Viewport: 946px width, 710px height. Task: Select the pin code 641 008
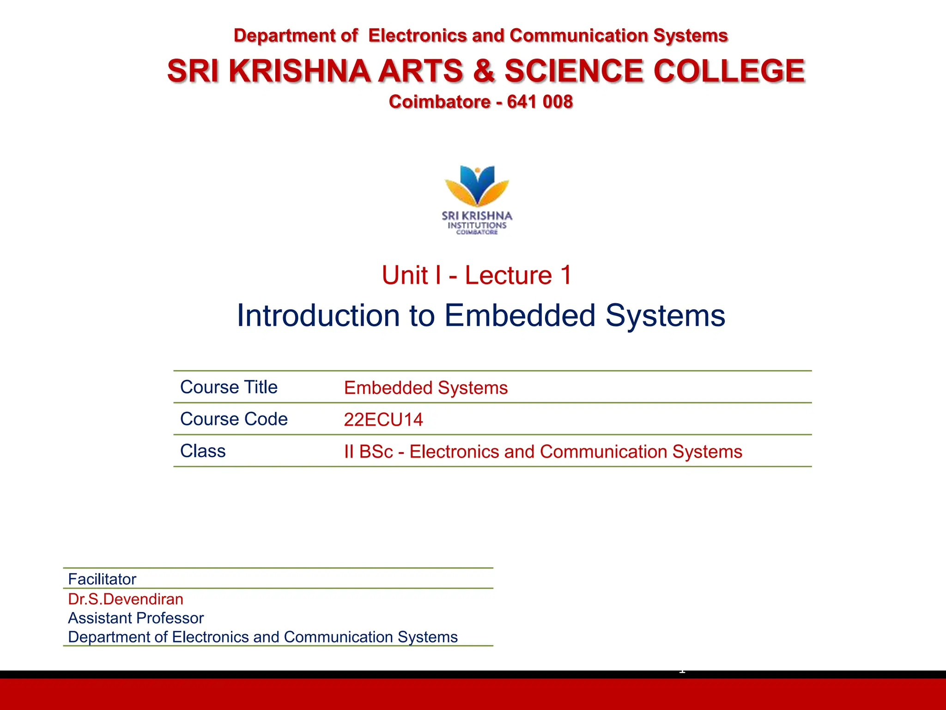540,102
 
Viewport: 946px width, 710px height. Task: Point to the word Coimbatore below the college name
439,102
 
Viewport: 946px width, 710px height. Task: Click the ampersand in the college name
484,71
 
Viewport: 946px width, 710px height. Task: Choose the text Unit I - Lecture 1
477,275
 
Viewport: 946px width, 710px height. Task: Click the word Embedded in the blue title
520,316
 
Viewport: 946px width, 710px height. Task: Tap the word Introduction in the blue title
318,316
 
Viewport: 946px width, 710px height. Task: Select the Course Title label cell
229,387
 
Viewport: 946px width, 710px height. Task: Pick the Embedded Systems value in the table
425,388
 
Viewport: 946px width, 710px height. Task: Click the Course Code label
234,419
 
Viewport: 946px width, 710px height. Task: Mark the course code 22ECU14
383,420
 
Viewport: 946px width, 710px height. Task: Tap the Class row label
203,451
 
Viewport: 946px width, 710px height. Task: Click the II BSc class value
543,452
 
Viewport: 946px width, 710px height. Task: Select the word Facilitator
102,579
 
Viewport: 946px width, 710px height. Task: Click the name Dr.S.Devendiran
126,599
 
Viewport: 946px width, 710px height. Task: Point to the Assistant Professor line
136,618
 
